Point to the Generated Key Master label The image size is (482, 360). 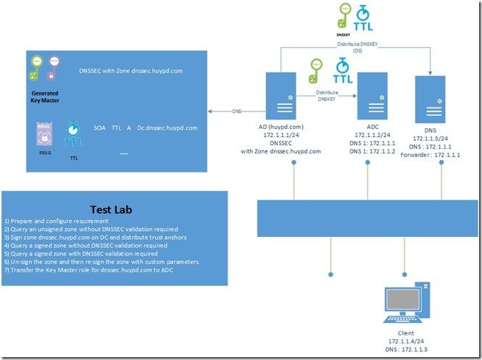click(45, 96)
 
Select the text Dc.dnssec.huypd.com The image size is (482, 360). click(167, 128)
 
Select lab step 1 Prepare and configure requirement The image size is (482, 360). click(66, 219)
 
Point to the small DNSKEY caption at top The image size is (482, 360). click(344, 33)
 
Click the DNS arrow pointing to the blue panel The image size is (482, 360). click(236, 112)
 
